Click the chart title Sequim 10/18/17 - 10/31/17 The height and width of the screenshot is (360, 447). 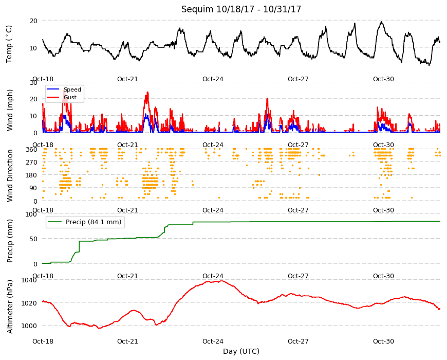coord(241,9)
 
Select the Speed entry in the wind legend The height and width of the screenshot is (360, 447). coord(72,89)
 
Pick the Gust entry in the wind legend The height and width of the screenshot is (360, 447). coord(70,97)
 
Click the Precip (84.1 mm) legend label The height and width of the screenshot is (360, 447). coord(94,222)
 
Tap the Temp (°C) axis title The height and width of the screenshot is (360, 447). coord(9,44)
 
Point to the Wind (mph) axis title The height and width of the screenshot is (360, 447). coord(10,110)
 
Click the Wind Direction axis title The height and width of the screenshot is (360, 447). coord(10,175)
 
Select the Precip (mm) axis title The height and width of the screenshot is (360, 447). coord(10,241)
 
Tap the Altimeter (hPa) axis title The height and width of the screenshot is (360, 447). coord(10,307)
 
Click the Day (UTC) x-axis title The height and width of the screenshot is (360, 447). coord(241,351)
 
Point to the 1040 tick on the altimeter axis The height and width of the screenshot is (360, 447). coord(29,280)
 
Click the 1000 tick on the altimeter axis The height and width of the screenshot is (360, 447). coord(29,326)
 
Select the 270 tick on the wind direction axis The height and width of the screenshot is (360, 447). coord(32,163)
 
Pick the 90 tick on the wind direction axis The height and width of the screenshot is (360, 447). coord(33,188)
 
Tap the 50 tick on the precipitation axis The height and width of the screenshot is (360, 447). coord(33,239)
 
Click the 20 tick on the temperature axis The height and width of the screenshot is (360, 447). coord(33,21)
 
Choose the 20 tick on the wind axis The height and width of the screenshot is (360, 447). coord(33,99)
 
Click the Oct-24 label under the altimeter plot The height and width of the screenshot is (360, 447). coord(213,341)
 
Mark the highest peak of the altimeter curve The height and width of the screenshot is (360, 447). coord(222,281)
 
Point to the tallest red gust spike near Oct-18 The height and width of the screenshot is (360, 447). coord(64,91)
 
